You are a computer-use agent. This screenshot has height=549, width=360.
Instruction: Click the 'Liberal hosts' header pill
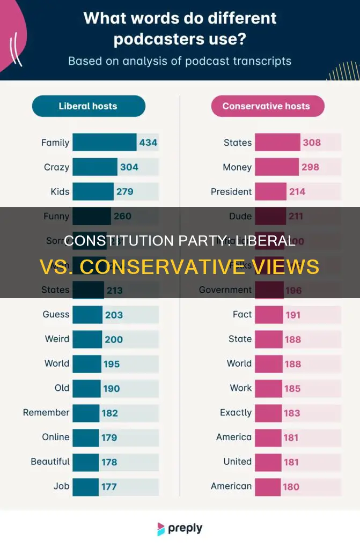pyautogui.click(x=89, y=106)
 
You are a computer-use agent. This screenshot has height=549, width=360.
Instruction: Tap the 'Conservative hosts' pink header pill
pyautogui.click(x=266, y=106)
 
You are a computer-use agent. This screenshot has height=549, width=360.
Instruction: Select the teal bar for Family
pyautogui.click(x=104, y=143)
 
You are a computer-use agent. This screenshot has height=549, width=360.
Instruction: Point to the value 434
pyautogui.click(x=148, y=143)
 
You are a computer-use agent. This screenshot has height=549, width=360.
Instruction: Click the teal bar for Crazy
pyautogui.click(x=94, y=167)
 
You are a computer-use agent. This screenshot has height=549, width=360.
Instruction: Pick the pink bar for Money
pyautogui.click(x=276, y=167)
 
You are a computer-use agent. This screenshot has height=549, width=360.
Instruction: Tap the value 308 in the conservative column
pyautogui.click(x=311, y=143)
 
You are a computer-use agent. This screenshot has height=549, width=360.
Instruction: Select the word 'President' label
pyautogui.click(x=231, y=191)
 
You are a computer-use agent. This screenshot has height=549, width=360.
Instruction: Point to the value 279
pyautogui.click(x=124, y=191)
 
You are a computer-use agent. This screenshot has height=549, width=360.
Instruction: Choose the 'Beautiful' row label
pyautogui.click(x=50, y=462)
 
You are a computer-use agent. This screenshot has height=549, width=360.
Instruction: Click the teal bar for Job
pyautogui.click(x=85, y=486)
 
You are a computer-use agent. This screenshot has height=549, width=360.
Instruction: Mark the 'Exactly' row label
pyautogui.click(x=236, y=413)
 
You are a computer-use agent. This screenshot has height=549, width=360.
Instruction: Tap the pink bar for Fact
pyautogui.click(x=269, y=315)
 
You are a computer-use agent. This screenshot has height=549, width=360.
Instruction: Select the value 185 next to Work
pyautogui.click(x=292, y=388)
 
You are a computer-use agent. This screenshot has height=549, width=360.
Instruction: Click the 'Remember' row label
pyautogui.click(x=46, y=413)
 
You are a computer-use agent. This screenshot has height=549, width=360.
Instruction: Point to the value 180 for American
pyautogui.click(x=291, y=486)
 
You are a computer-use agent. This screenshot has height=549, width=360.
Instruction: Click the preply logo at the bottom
pyautogui.click(x=180, y=529)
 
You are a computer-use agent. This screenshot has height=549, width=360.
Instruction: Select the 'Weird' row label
pyautogui.click(x=57, y=339)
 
